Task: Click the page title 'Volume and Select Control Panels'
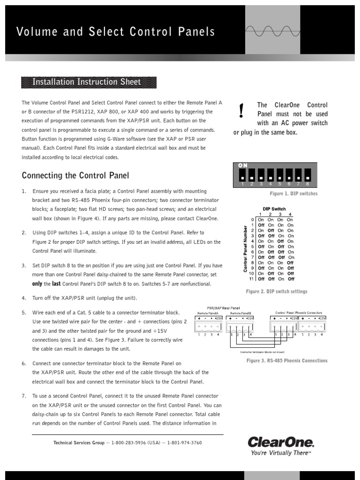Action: [x=116, y=31]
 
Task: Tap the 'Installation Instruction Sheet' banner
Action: [x=86, y=82]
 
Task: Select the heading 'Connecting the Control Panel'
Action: [x=75, y=175]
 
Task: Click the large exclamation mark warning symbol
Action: [x=241, y=111]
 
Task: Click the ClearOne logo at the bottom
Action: [x=280, y=442]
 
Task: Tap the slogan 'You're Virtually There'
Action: [x=280, y=453]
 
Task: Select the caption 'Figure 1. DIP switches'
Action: [x=293, y=194]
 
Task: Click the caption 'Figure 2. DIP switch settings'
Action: [x=277, y=292]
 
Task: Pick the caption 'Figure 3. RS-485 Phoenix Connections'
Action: [x=287, y=360]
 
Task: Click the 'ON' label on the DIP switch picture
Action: [x=243, y=165]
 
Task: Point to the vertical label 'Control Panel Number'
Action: [x=245, y=248]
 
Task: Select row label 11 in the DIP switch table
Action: [x=252, y=278]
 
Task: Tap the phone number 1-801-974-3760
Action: [x=184, y=442]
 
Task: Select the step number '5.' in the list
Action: [x=24, y=313]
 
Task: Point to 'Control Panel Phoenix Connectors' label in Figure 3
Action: [x=299, y=312]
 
